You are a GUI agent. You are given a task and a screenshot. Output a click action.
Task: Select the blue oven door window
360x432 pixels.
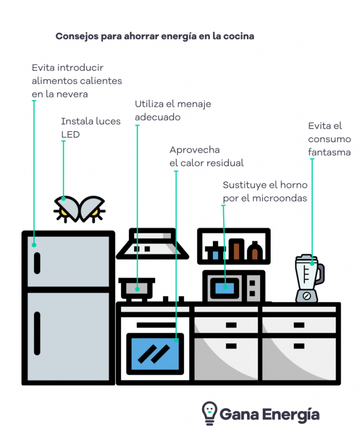coord(155,353)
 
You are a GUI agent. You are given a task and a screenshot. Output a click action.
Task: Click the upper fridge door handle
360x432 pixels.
coord(37,263)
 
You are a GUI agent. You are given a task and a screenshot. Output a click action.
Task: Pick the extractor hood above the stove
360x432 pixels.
coord(152,244)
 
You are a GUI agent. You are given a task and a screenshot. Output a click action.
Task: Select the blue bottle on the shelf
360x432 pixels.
coord(216,252)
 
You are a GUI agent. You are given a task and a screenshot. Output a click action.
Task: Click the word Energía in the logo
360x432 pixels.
coord(294,414)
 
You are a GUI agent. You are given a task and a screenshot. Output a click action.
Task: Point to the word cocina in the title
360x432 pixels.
coord(240,36)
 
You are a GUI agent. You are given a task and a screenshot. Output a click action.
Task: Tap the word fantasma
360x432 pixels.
coord(329,152)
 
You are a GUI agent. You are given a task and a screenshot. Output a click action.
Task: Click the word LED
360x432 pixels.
coord(70,134)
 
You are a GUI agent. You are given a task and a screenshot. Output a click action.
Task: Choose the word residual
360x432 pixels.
coord(223,163)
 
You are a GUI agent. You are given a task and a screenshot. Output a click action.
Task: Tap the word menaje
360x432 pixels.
coord(194,104)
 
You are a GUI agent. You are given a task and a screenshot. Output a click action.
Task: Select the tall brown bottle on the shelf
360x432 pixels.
coord(236,249)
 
